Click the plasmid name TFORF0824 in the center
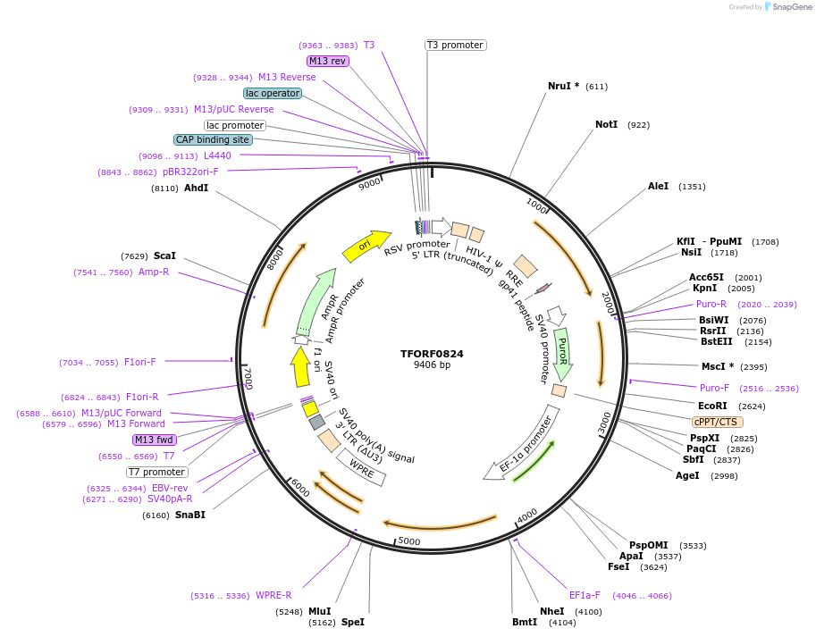[x=432, y=354]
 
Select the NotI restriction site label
[x=606, y=124]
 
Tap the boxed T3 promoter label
[x=455, y=45]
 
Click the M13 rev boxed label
[x=327, y=61]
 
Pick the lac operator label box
[x=273, y=93]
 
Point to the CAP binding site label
[x=213, y=139]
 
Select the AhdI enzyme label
[x=196, y=189]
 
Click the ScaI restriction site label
[x=164, y=256]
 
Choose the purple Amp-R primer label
[x=153, y=272]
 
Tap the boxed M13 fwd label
[x=154, y=440]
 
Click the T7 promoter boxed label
[x=156, y=472]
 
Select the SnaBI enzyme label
[x=189, y=515]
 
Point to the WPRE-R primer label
[x=273, y=596]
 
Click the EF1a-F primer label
[x=585, y=594]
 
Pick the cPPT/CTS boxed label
[x=717, y=422]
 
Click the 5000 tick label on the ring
[x=409, y=541]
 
